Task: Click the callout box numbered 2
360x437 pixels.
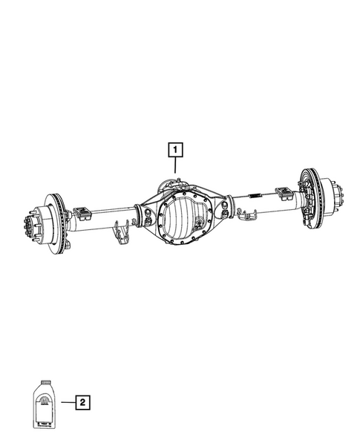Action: coord(83,403)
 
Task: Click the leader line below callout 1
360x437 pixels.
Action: coord(175,168)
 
